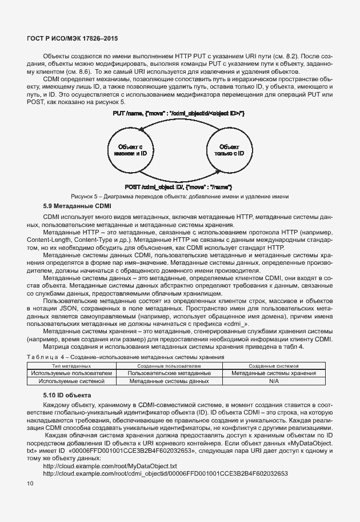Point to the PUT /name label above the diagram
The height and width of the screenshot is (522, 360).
pyautogui.click(x=179, y=114)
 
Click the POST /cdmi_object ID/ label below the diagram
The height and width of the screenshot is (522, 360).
pyautogui.click(x=178, y=187)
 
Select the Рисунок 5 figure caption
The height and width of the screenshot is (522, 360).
pyautogui.click(x=179, y=196)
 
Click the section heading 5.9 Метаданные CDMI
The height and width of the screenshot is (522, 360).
pyautogui.click(x=77, y=206)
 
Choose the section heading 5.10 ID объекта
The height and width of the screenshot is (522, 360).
pyautogui.click(x=68, y=395)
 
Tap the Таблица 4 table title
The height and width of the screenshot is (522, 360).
pyautogui.click(x=125, y=356)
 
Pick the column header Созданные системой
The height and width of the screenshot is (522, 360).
pyautogui.click(x=274, y=365)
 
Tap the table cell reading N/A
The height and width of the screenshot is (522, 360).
pyautogui.click(x=274, y=380)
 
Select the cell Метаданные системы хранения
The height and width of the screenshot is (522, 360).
pyautogui.click(x=274, y=372)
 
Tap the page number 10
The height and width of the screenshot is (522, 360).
pyautogui.click(x=30, y=484)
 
